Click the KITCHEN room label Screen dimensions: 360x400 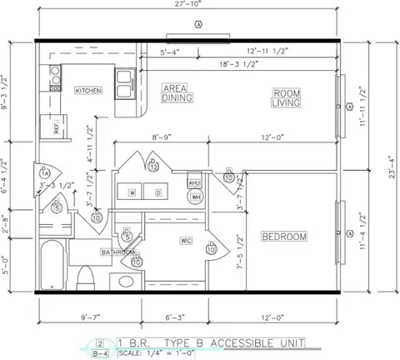tap(88, 90)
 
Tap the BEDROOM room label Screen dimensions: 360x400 tap(284, 237)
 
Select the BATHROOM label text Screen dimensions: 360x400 tap(117, 252)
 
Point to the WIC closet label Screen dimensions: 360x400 tap(186, 241)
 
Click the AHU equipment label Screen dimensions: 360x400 tap(194, 182)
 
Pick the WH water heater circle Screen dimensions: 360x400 tap(196, 197)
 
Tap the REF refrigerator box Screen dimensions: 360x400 tap(57, 127)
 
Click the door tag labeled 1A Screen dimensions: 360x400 tap(46, 172)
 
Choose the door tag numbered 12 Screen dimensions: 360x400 tap(154, 167)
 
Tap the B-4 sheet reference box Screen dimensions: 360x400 tap(101, 353)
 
